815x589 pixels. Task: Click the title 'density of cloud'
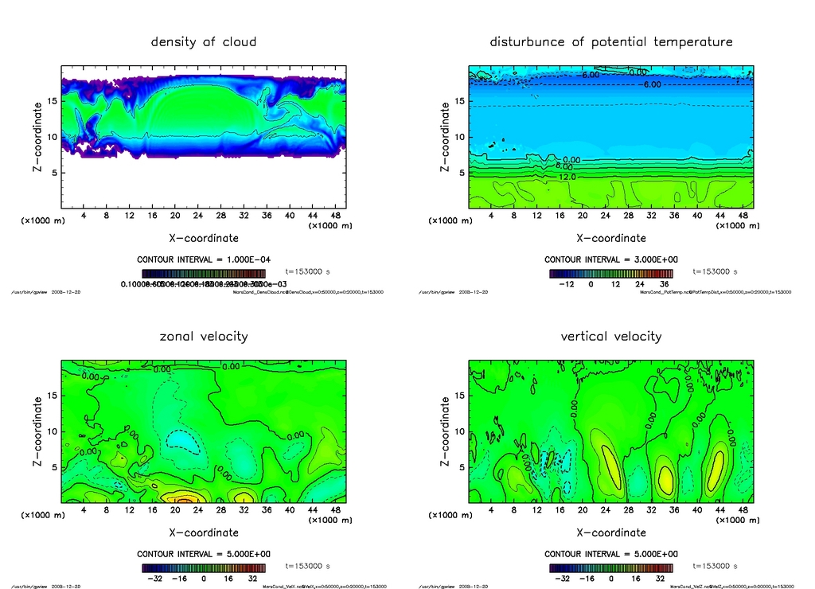click(204, 41)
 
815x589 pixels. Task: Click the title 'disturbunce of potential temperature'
click(610, 41)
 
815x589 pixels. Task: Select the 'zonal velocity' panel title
click(204, 336)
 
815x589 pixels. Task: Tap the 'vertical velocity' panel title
click(610, 336)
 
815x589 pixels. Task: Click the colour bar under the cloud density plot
click(204, 272)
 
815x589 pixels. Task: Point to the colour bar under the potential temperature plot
click(610, 272)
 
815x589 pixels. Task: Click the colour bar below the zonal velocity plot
click(204, 568)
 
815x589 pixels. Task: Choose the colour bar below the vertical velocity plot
click(610, 568)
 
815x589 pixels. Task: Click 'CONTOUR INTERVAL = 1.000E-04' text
click(204, 259)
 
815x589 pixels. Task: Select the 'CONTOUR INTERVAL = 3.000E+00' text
click(610, 259)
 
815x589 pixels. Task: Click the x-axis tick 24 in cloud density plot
click(198, 216)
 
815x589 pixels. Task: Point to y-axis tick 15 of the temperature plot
click(460, 101)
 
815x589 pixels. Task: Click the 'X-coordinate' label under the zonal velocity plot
click(203, 532)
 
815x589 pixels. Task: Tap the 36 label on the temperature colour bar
click(662, 283)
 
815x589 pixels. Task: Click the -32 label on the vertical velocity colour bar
click(560, 579)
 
